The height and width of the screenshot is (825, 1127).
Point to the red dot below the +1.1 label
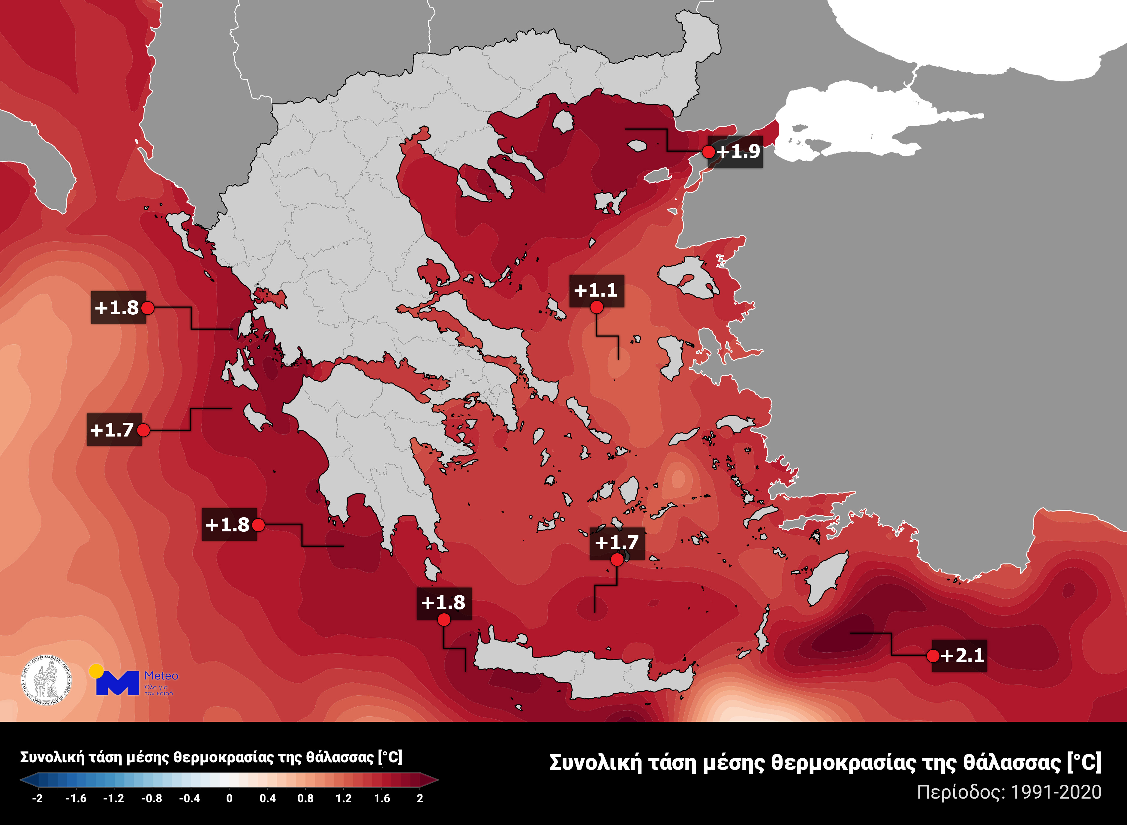pyautogui.click(x=597, y=308)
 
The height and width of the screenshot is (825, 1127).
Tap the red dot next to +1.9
pyautogui.click(x=708, y=152)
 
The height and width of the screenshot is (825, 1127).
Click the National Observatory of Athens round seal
pyautogui.click(x=46, y=680)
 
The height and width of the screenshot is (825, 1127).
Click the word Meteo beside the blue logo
pyautogui.click(x=161, y=676)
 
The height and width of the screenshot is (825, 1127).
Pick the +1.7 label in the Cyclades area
pyautogui.click(x=617, y=542)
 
